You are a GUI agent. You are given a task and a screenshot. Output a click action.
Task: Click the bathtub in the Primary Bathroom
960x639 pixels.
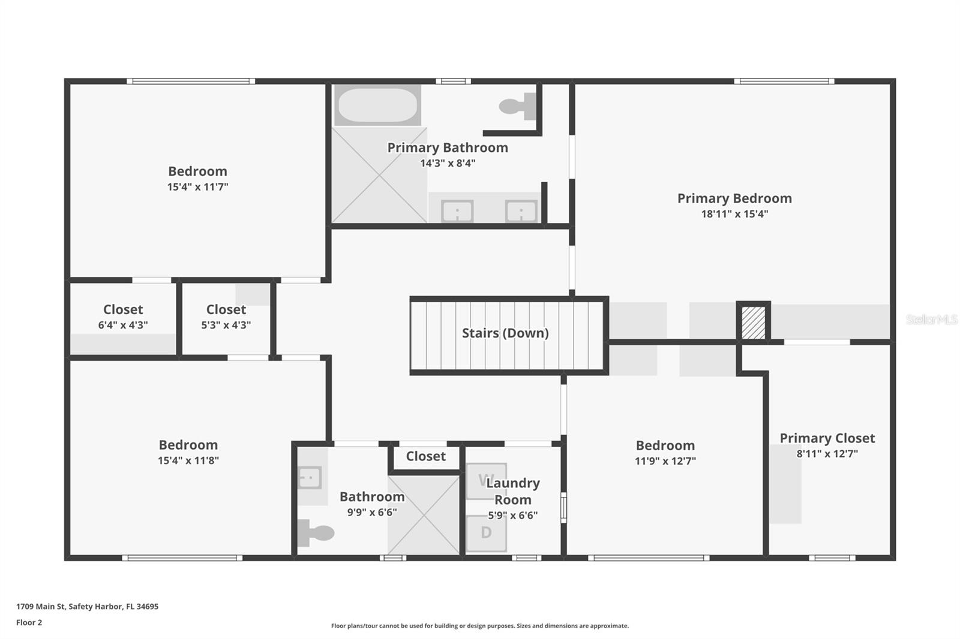click(377, 105)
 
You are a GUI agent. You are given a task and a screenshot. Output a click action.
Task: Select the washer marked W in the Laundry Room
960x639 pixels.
click(486, 481)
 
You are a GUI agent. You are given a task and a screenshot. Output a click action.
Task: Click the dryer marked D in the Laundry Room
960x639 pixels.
click(486, 533)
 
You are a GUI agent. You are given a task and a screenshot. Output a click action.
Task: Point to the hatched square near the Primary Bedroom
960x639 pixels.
click(753, 322)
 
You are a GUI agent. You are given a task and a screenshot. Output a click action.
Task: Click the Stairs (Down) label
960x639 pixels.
click(505, 333)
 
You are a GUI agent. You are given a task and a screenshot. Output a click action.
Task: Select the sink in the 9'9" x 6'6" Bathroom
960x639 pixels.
click(310, 478)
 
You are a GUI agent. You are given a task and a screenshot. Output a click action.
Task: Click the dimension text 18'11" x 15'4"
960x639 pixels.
click(734, 214)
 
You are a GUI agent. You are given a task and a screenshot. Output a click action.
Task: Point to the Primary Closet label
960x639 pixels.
click(827, 438)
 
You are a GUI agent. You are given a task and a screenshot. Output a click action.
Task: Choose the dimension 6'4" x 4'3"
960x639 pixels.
click(123, 325)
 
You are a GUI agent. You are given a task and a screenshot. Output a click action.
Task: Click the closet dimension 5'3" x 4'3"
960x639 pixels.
click(226, 325)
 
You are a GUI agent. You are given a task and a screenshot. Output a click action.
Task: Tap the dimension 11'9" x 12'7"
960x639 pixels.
click(665, 461)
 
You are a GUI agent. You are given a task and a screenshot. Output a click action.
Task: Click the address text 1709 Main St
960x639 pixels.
click(87, 607)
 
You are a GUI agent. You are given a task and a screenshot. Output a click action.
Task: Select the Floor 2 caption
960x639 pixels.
click(29, 622)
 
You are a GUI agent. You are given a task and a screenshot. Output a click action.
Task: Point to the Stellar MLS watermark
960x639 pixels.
click(931, 319)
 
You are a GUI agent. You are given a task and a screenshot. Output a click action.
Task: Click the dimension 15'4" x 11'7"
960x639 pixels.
click(197, 187)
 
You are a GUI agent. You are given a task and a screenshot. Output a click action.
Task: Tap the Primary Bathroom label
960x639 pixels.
click(448, 147)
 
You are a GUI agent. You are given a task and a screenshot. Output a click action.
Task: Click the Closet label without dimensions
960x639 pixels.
click(425, 456)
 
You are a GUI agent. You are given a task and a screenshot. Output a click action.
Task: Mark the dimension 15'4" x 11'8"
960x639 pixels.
click(188, 460)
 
